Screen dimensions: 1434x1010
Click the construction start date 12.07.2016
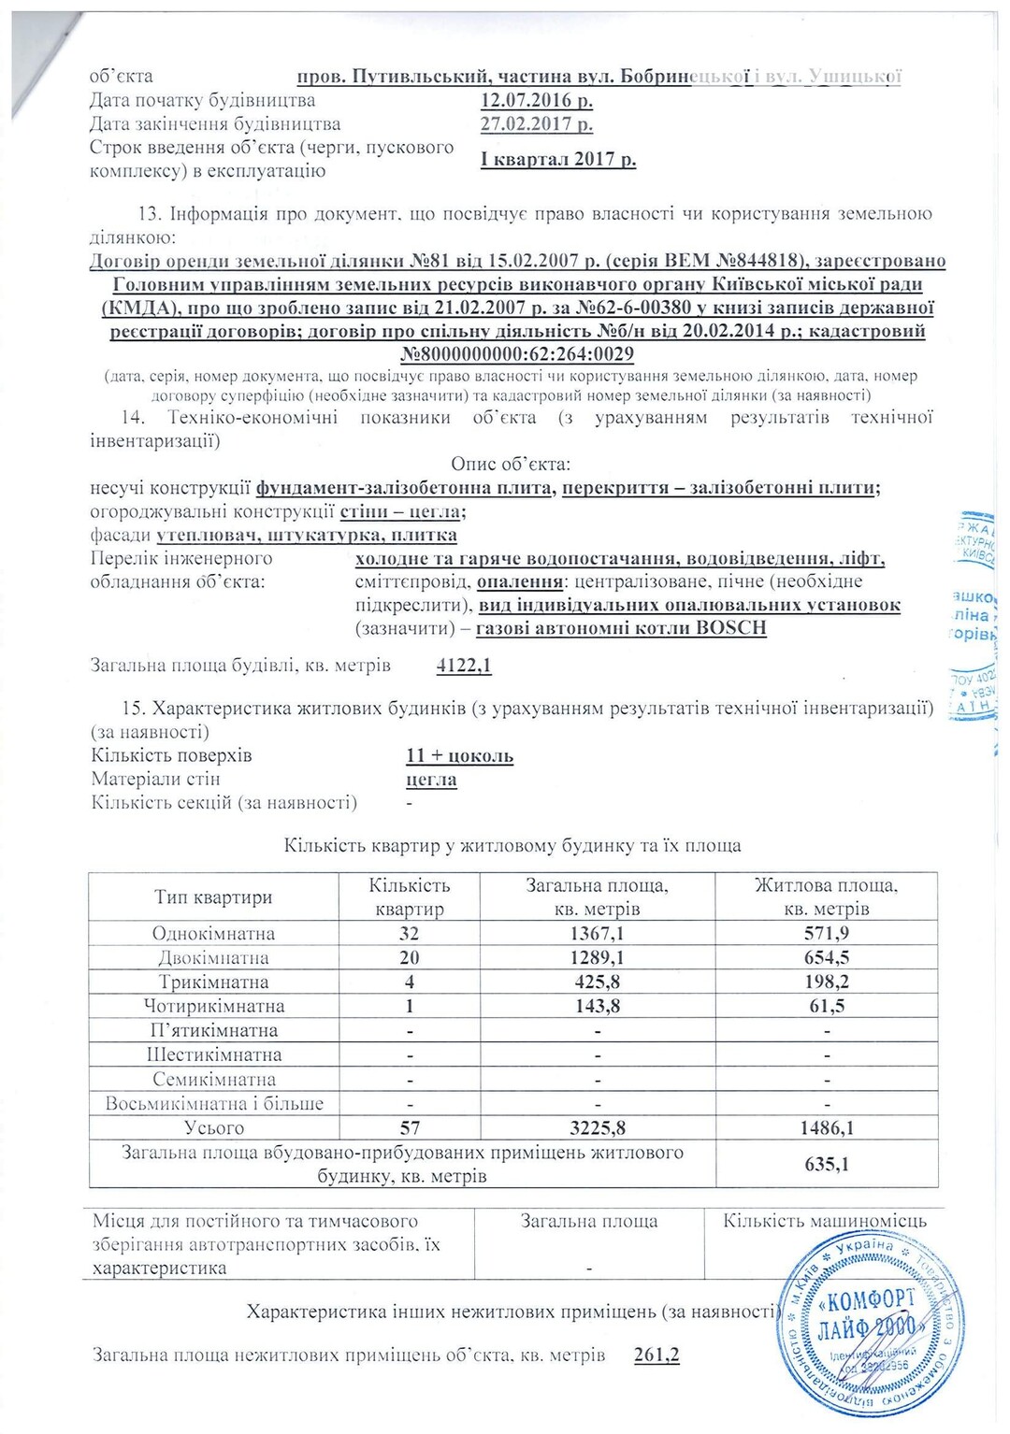point(537,101)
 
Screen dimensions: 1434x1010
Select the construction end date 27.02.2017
point(537,124)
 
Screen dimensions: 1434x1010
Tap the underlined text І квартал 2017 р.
point(558,159)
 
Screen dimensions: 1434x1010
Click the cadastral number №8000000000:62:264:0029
point(517,354)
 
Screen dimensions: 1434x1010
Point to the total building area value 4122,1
point(464,666)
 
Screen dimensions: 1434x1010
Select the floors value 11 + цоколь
point(459,755)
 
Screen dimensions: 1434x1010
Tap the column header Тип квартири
point(213,897)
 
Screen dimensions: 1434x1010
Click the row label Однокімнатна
point(213,933)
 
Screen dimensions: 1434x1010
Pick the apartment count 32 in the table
point(409,933)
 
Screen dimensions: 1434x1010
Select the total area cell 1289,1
point(596,957)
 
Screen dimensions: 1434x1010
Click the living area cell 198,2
point(826,982)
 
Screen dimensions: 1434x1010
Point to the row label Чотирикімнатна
point(213,1006)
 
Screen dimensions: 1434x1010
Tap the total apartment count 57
point(409,1127)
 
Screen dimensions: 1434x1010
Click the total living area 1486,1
point(826,1127)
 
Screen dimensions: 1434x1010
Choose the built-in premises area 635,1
point(826,1164)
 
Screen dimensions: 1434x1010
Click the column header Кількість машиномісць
point(824,1221)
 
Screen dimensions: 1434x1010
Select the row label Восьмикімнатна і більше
point(213,1103)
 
